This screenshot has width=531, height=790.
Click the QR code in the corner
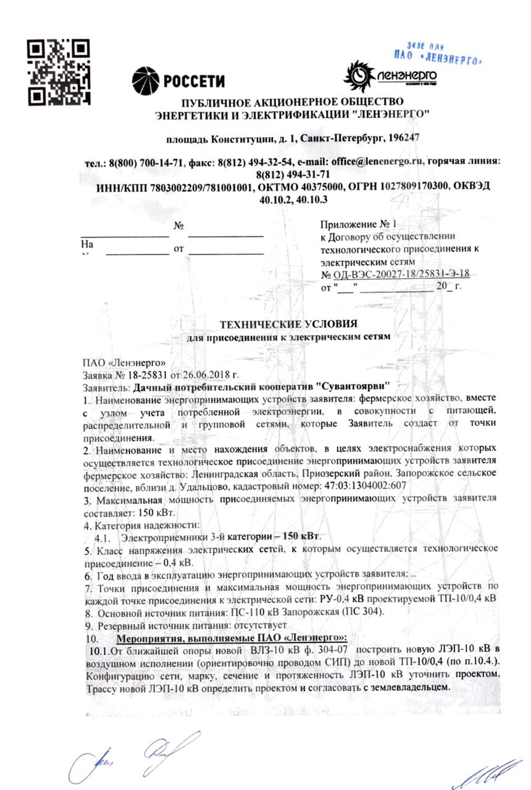point(61,72)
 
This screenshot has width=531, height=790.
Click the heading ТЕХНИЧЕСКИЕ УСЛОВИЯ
point(288,324)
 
